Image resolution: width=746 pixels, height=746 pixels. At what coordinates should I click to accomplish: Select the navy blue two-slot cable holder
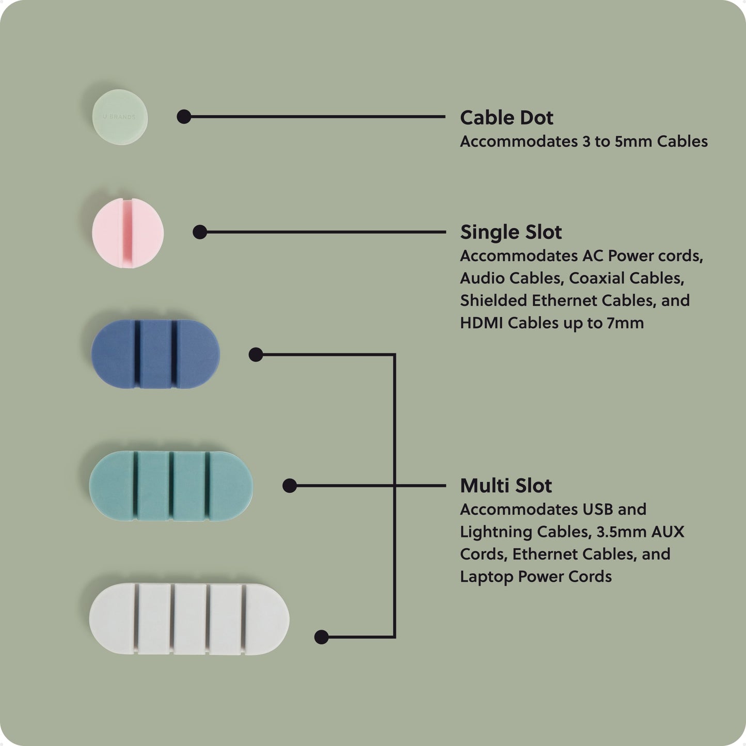[x=155, y=354]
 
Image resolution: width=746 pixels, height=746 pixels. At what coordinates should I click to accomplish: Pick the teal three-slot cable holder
[x=171, y=485]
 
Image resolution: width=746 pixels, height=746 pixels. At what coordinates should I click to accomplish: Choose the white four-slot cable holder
[x=189, y=618]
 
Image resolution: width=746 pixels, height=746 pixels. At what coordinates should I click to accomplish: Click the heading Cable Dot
[x=506, y=118]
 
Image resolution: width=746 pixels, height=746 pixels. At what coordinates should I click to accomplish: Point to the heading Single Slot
[x=511, y=232]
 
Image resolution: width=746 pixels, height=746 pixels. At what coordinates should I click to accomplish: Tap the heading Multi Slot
[x=505, y=486]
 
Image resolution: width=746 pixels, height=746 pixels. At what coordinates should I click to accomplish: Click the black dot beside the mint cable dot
[x=184, y=117]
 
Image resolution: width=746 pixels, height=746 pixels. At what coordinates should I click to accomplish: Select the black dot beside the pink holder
[x=200, y=232]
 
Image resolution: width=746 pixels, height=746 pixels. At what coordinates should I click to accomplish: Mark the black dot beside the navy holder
[x=256, y=355]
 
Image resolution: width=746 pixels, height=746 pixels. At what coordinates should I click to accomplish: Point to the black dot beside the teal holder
[x=290, y=486]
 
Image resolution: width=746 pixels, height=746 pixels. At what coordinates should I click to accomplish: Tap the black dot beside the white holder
[x=322, y=637]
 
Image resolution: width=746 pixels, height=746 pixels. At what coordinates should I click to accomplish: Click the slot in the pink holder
[x=124, y=232]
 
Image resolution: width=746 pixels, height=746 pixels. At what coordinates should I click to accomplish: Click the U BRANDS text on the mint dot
[x=119, y=117]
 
